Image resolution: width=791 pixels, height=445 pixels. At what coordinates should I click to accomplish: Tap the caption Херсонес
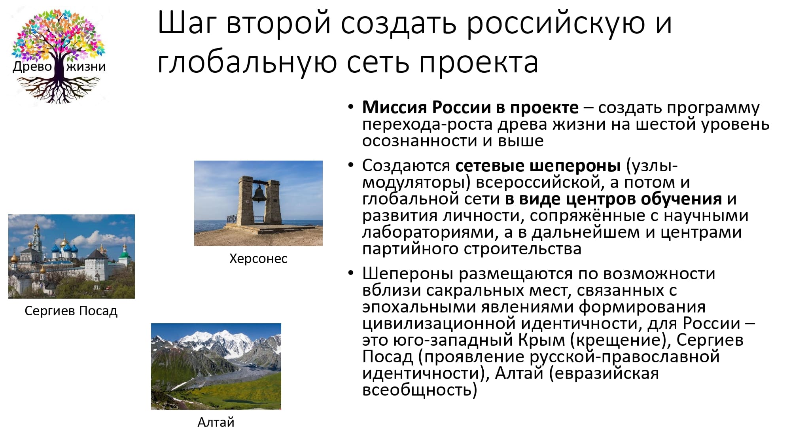pyautogui.click(x=258, y=259)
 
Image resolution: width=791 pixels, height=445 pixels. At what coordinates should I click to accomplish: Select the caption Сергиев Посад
pyautogui.click(x=71, y=311)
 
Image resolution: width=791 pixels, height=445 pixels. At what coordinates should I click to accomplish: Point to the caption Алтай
pyautogui.click(x=216, y=422)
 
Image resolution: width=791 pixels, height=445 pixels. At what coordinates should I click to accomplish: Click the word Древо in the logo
pyautogui.click(x=32, y=66)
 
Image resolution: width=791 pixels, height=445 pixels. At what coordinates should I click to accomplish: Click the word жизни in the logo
pyautogui.click(x=86, y=66)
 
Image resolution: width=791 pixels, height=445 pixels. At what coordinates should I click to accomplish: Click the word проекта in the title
pyautogui.click(x=479, y=62)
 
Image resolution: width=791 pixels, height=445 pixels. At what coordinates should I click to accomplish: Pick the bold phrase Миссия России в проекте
pyautogui.click(x=470, y=107)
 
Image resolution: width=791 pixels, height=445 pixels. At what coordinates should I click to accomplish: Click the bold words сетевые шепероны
pyautogui.click(x=538, y=166)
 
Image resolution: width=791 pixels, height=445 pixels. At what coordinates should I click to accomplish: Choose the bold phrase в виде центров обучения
pyautogui.click(x=613, y=199)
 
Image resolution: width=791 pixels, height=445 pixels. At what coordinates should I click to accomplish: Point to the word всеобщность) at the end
pyautogui.click(x=420, y=390)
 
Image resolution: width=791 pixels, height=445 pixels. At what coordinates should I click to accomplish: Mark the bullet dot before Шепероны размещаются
pyautogui.click(x=350, y=273)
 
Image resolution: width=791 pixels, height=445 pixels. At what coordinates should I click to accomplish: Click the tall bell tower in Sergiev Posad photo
pyautogui.click(x=37, y=237)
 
